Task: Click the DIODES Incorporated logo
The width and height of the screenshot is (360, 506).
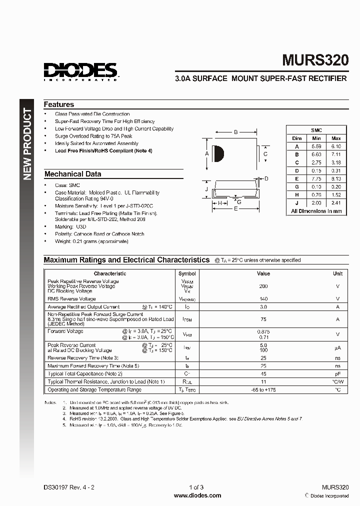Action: click(80, 70)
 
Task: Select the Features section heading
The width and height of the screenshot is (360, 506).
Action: click(58, 104)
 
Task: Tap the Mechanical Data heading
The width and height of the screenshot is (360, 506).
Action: click(72, 174)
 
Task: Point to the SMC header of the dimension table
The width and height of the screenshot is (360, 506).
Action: click(316, 130)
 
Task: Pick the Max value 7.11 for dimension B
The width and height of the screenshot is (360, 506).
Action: click(336, 154)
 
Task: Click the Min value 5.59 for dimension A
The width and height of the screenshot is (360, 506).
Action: click(316, 146)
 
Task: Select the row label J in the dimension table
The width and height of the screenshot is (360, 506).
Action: click(296, 203)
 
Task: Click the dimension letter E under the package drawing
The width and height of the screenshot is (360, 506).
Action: click(236, 210)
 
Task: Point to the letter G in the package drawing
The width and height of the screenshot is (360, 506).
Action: click(239, 202)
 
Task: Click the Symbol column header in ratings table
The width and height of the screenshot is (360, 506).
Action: click(187, 273)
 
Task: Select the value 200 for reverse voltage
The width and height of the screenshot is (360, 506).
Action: click(263, 286)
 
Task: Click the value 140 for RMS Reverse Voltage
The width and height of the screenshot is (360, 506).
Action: click(263, 298)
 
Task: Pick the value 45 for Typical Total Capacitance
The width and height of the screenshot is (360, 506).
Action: click(263, 373)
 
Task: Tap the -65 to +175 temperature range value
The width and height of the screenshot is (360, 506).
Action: click(263, 389)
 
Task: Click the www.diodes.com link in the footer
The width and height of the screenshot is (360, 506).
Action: click(197, 495)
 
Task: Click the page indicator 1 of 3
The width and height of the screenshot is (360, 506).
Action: click(196, 487)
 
